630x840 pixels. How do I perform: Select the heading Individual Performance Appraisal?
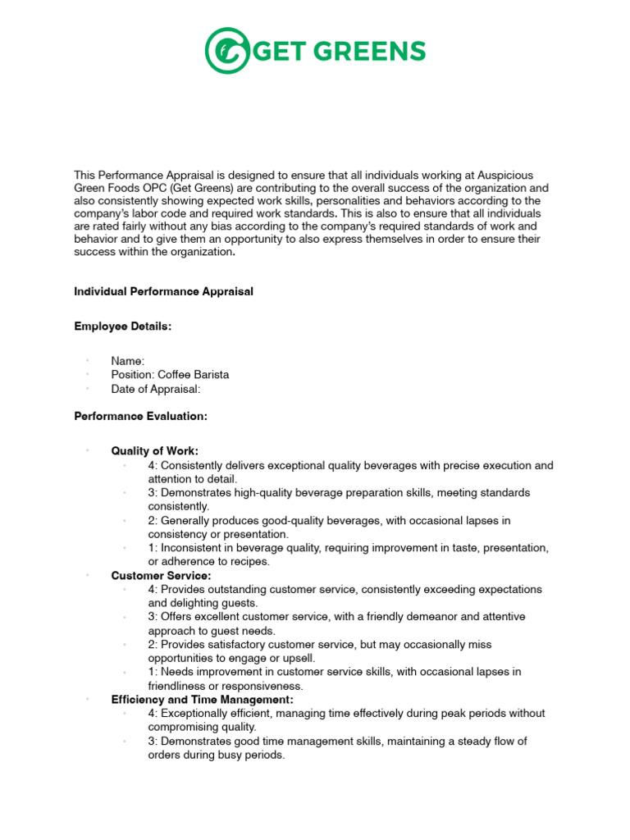pyautogui.click(x=164, y=292)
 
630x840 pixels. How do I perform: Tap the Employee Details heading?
pyautogui.click(x=123, y=326)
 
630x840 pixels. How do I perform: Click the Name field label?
pyautogui.click(x=128, y=361)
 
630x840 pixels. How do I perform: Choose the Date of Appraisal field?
pyautogui.click(x=156, y=389)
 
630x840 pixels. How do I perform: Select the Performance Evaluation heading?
pyautogui.click(x=141, y=417)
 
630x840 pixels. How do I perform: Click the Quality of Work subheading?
pyautogui.click(x=155, y=451)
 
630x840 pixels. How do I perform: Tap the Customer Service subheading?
pyautogui.click(x=161, y=576)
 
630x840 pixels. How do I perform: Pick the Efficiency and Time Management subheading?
pyautogui.click(x=202, y=700)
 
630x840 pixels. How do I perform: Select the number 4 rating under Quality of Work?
pyautogui.click(x=152, y=465)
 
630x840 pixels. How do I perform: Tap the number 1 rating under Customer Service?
pyautogui.click(x=152, y=672)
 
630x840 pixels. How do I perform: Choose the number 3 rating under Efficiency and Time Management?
pyautogui.click(x=152, y=742)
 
